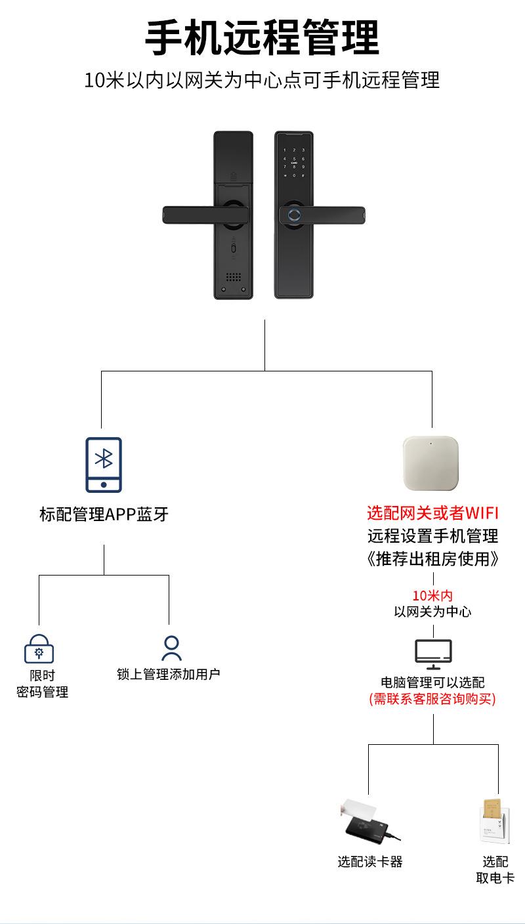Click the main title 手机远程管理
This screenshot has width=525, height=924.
[x=262, y=38]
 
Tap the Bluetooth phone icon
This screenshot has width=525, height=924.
[x=104, y=465]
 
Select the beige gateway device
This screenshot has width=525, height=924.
[x=430, y=463]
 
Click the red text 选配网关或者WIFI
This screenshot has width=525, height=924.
[x=432, y=513]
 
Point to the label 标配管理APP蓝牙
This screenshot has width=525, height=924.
[x=104, y=514]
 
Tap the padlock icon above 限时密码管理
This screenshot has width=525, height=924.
[x=39, y=649]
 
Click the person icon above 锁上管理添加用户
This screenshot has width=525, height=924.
[x=171, y=648]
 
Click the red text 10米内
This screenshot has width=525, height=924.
[x=432, y=596]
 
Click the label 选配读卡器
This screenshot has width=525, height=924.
[x=370, y=862]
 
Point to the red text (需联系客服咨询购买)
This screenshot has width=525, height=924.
[x=432, y=699]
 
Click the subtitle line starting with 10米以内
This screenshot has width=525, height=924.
[x=262, y=81]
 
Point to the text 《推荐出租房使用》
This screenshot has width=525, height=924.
[x=432, y=559]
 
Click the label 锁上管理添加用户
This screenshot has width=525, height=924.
[x=168, y=674]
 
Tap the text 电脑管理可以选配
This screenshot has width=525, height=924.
[x=432, y=682]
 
